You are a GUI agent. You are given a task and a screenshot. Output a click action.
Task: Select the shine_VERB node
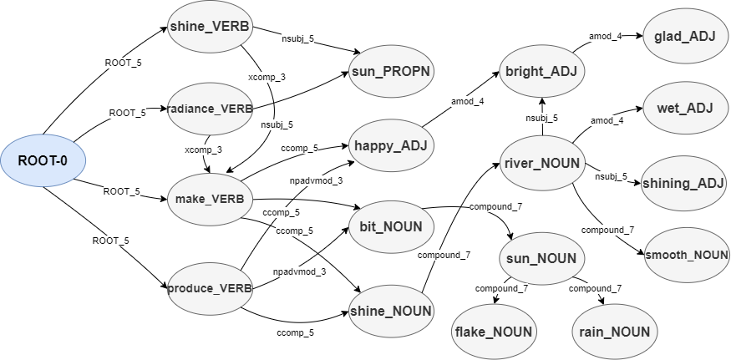pyautogui.click(x=209, y=28)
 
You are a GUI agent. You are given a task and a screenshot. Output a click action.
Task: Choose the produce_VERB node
pyautogui.click(x=210, y=289)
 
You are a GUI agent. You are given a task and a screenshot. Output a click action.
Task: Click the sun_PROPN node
pyautogui.click(x=390, y=71)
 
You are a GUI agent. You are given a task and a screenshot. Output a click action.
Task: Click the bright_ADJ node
pyautogui.click(x=541, y=71)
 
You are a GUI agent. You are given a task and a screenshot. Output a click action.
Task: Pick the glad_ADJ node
pyautogui.click(x=683, y=36)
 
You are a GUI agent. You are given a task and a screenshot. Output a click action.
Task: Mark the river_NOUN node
pyautogui.click(x=541, y=163)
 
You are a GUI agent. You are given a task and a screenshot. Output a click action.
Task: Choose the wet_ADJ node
pyautogui.click(x=683, y=108)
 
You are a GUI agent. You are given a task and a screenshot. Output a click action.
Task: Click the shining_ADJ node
pyautogui.click(x=683, y=183)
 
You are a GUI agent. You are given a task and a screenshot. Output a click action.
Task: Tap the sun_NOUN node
pyautogui.click(x=541, y=258)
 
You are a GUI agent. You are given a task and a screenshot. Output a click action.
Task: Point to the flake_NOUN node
pyautogui.click(x=494, y=332)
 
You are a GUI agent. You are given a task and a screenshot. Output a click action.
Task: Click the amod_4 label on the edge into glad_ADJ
pyautogui.click(x=607, y=37)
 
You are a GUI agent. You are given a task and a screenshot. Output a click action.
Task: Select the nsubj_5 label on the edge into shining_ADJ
pyautogui.click(x=611, y=176)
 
